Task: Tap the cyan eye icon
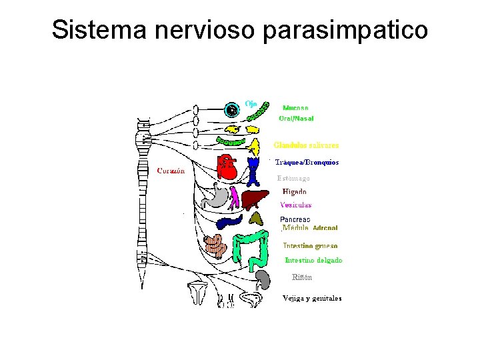(232, 110)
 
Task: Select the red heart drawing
(227, 168)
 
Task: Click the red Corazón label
(171, 171)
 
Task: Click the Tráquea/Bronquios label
(307, 162)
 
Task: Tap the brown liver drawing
(254, 199)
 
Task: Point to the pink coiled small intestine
(217, 246)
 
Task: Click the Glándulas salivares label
(306, 145)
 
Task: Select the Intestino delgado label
(313, 260)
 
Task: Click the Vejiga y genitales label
(312, 298)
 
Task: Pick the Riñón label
(302, 277)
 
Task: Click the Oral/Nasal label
(296, 118)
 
